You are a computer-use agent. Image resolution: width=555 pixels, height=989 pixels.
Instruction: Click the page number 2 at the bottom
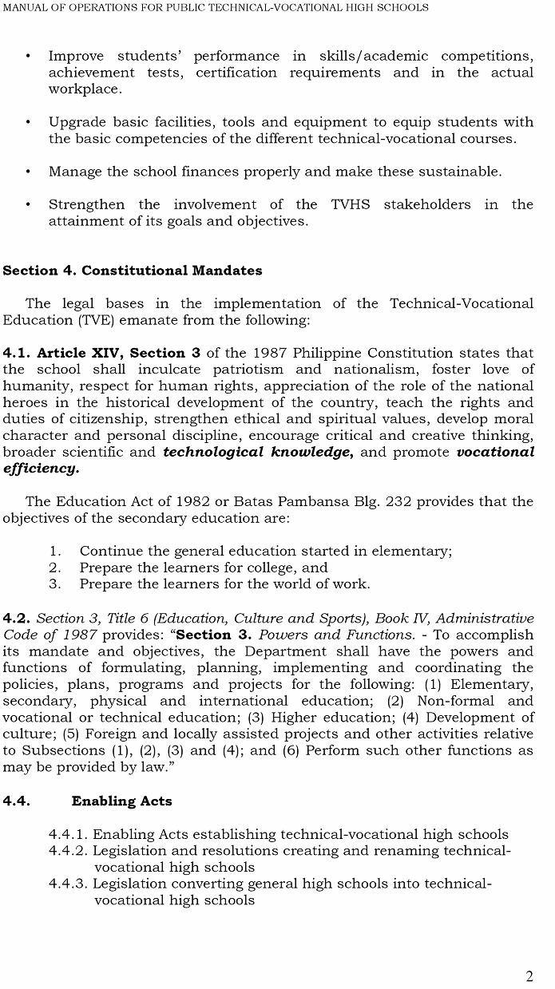click(529, 976)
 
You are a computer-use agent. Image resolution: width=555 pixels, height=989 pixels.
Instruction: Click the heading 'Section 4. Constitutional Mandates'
click(133, 271)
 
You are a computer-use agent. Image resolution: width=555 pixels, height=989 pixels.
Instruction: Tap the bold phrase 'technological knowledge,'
click(258, 452)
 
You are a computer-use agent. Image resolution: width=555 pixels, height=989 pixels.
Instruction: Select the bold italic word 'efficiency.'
click(41, 469)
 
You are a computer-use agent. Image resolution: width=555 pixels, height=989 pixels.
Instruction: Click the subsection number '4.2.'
click(16, 618)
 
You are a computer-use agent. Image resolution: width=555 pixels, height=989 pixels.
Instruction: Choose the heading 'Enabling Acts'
click(121, 801)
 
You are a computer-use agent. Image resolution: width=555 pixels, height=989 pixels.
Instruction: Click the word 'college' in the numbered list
click(270, 568)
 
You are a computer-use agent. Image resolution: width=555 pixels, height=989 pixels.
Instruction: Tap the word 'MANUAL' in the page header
click(25, 7)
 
